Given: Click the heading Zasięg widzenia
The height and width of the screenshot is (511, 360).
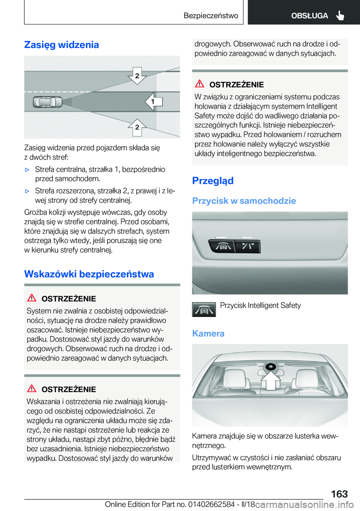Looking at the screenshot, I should pos(61,45).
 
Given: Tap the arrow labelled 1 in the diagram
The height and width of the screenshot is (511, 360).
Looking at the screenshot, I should pos(154,101).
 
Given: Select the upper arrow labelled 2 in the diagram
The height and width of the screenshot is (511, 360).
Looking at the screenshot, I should pos(137,76).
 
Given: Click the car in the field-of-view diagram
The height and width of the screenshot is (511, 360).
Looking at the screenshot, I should pos(48,102).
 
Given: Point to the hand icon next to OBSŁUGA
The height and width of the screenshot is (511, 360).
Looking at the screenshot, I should pos(340,16).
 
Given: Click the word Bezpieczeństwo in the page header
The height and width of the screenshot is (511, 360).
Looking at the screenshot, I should pos(211,16).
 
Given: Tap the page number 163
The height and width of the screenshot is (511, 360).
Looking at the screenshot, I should pos(339,494).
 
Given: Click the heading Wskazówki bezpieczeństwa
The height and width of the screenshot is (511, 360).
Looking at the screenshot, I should pos(89,274).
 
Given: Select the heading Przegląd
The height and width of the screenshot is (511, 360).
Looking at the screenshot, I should pos(213,181).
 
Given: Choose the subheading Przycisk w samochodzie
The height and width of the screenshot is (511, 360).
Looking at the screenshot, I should pos(244,201).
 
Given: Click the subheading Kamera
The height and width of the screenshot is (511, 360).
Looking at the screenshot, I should pos(208,334).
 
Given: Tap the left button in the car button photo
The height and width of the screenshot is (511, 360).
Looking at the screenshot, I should pos(223,246).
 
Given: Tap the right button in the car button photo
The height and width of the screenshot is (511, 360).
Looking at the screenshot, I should pos(247,246).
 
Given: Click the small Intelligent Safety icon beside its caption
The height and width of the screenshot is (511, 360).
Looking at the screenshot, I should pos(204,310).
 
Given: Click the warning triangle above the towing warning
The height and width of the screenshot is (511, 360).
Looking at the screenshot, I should pos(199,84).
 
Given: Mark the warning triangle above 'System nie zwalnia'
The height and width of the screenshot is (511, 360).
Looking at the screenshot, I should pos(31,298).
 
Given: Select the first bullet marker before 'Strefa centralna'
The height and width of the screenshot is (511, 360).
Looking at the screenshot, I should pos(27,170).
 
